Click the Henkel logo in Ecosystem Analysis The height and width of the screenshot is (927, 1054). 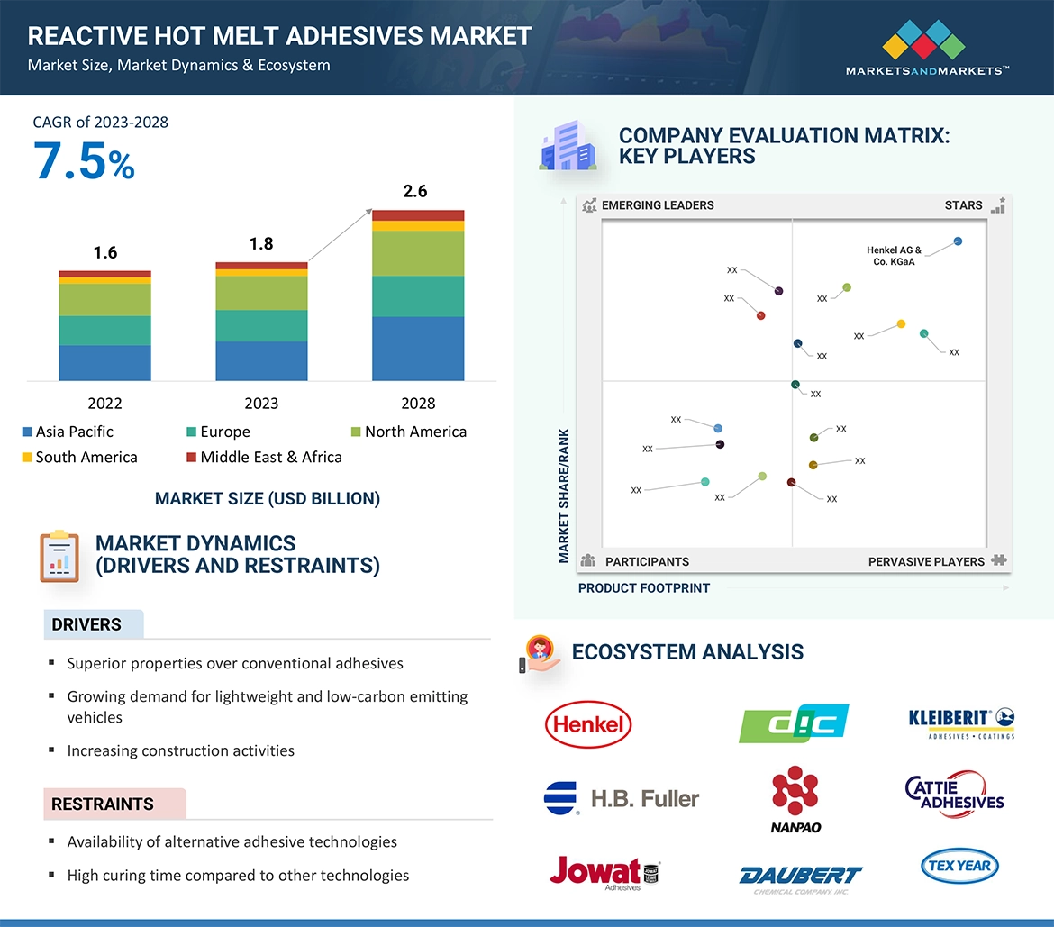pyautogui.click(x=588, y=725)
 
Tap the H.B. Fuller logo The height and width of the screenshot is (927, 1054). pyautogui.click(x=622, y=798)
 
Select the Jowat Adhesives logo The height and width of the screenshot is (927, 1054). pyautogui.click(x=604, y=872)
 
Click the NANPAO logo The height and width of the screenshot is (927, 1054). pyautogui.click(x=795, y=798)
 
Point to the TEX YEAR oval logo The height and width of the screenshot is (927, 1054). pyautogui.click(x=959, y=866)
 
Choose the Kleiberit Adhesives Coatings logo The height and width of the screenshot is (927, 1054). pyautogui.click(x=961, y=723)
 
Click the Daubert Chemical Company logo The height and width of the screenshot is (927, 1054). pyautogui.click(x=800, y=878)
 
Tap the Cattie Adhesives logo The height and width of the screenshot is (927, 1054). pyautogui.click(x=955, y=793)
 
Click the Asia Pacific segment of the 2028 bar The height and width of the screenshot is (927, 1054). pyautogui.click(x=418, y=348)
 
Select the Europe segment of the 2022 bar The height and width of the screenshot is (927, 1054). pyautogui.click(x=104, y=330)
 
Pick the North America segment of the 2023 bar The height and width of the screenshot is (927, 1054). pyautogui.click(x=261, y=293)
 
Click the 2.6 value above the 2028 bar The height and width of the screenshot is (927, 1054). pyautogui.click(x=415, y=191)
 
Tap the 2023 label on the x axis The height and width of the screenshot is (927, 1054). pyautogui.click(x=261, y=404)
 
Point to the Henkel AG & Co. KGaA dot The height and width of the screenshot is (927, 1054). pyautogui.click(x=958, y=241)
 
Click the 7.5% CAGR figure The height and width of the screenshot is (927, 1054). pyautogui.click(x=85, y=162)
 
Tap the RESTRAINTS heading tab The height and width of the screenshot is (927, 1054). pyautogui.click(x=103, y=804)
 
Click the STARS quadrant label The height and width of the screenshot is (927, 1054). pyautogui.click(x=963, y=205)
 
